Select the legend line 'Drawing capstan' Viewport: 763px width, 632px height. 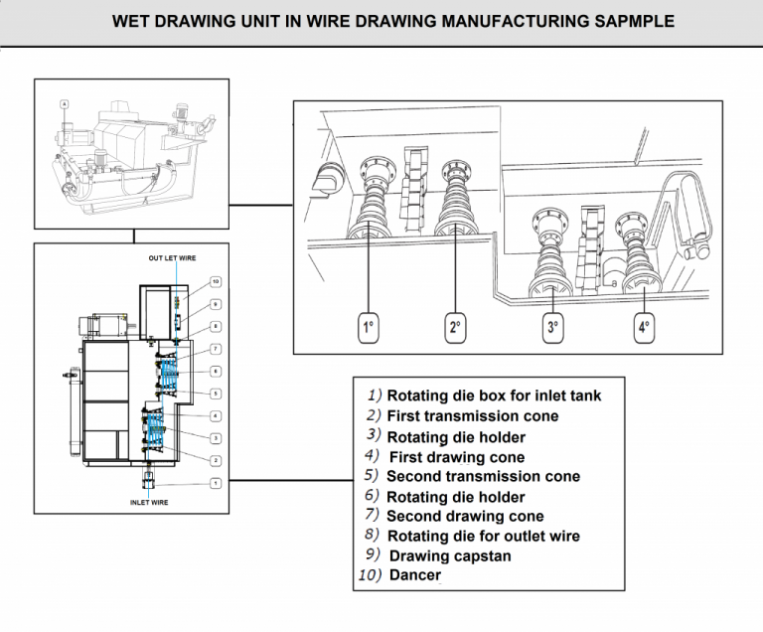[x=449, y=555]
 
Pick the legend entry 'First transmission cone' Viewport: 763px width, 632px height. [x=472, y=415]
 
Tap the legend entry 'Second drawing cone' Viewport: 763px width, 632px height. [x=465, y=516]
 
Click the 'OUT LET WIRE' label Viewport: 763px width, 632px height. [x=172, y=258]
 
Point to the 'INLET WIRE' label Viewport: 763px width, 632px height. [x=149, y=503]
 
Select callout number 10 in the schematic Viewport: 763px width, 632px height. [x=216, y=281]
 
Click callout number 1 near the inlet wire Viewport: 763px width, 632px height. [x=216, y=482]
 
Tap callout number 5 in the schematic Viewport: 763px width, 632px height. [x=216, y=394]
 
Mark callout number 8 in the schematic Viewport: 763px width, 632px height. [x=216, y=326]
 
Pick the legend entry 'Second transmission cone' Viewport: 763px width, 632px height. [x=483, y=476]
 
